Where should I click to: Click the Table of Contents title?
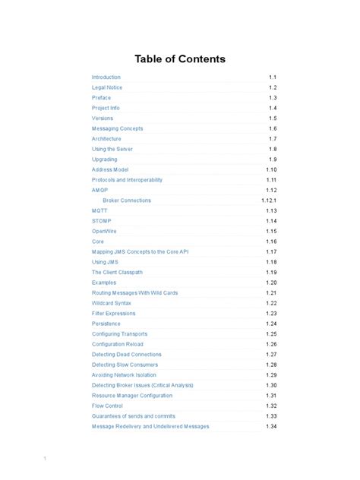pos(180,59)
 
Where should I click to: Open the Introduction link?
pos(106,77)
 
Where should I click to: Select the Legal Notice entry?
pos(107,87)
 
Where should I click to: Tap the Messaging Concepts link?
pos(117,128)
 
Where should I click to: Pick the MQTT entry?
pos(99,210)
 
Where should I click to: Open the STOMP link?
pos(102,221)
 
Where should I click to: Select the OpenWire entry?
pos(104,231)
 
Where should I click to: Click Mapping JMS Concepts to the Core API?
pos(141,251)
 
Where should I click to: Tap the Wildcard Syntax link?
pos(112,303)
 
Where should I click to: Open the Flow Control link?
pos(107,406)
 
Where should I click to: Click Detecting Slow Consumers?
pos(126,365)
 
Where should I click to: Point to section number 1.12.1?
pos(269,201)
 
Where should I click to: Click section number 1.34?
pos(271,426)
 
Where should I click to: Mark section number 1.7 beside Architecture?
pos(273,139)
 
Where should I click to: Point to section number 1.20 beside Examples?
pos(271,283)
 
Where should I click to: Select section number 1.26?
pos(271,344)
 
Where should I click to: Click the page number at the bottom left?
pos(46,458)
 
